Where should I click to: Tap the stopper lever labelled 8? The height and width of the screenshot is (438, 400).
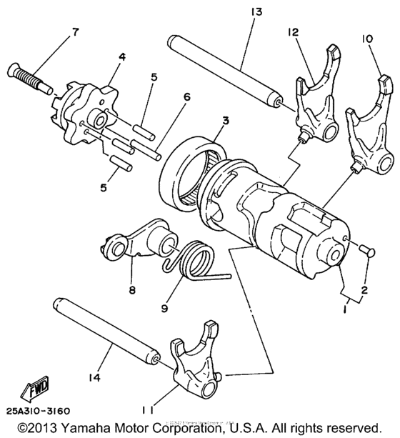pos(135,245)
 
